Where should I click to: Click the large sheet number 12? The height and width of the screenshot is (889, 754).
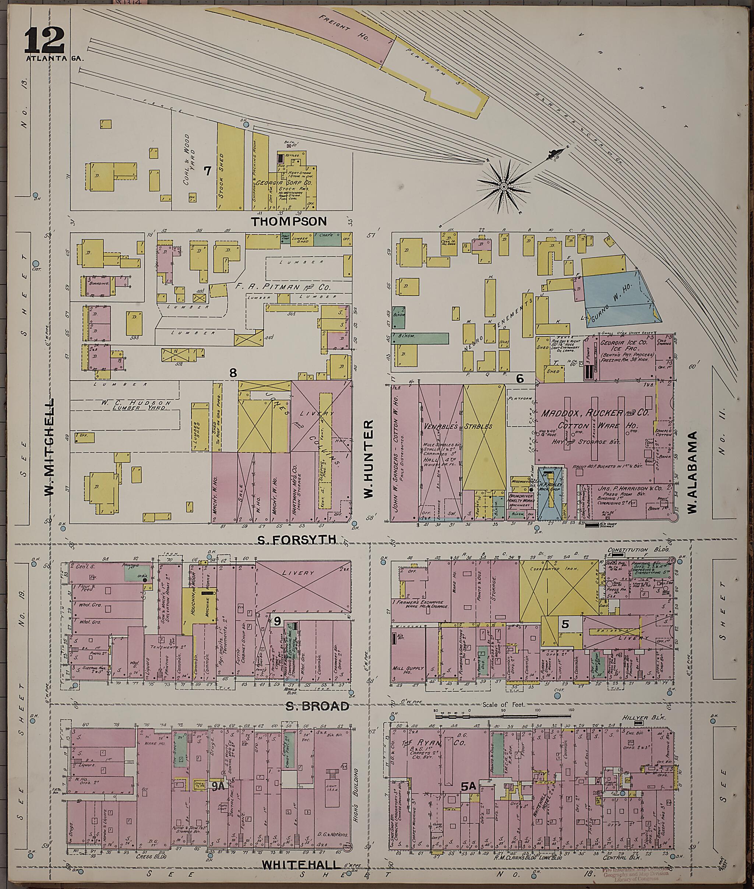tap(44, 39)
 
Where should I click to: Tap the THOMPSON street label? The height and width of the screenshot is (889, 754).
tap(289, 221)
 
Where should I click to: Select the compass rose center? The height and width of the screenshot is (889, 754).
tap(504, 187)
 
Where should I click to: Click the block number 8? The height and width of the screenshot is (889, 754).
tap(233, 373)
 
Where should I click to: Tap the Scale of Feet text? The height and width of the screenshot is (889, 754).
tap(503, 704)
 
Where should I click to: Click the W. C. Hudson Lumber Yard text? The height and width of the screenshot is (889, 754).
tap(137, 405)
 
